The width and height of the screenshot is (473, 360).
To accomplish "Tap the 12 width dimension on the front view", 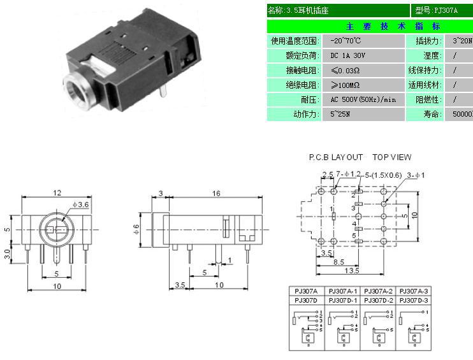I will pos(57,192).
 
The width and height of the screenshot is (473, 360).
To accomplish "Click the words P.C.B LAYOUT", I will pos(335,157).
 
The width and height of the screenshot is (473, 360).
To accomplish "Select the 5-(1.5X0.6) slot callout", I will pos(382,174).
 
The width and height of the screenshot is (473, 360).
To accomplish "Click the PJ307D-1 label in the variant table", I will pos(342,299).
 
